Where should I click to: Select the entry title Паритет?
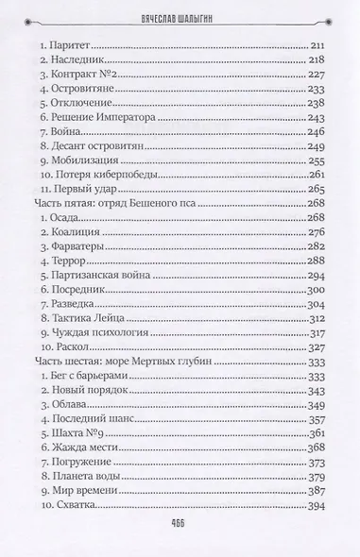(71, 46)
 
